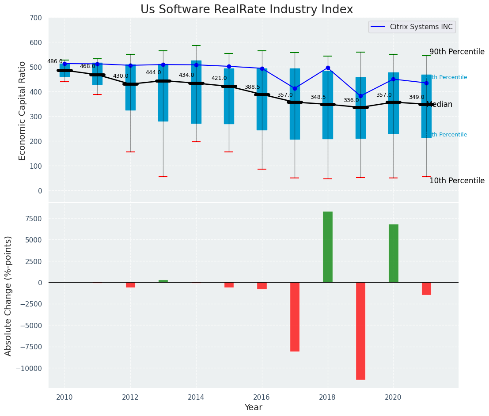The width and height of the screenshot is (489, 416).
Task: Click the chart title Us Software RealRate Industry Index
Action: (246, 10)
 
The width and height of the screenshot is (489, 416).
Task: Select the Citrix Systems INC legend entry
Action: (421, 27)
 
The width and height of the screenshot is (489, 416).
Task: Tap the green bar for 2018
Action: (328, 247)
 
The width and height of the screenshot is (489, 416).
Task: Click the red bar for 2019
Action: (360, 331)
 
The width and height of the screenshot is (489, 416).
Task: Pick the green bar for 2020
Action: (393, 253)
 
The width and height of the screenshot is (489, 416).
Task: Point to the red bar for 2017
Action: (295, 317)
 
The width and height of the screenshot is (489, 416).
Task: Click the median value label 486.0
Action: (55, 62)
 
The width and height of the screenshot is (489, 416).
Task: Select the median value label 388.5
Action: (252, 87)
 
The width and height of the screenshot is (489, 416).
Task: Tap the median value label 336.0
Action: (351, 100)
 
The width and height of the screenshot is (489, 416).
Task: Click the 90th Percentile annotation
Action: (457, 52)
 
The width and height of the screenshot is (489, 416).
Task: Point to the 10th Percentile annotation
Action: (457, 181)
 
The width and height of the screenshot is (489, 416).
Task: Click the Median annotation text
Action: (439, 105)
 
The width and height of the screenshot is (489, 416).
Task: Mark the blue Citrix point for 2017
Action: (295, 88)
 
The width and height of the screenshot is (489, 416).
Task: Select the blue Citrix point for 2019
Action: (360, 96)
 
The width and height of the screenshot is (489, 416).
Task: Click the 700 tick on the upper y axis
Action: (36, 18)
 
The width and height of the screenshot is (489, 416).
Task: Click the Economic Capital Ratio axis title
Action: (22, 110)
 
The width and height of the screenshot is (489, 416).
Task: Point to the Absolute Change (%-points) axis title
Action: (8, 295)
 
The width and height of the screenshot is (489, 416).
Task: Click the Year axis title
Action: (254, 408)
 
